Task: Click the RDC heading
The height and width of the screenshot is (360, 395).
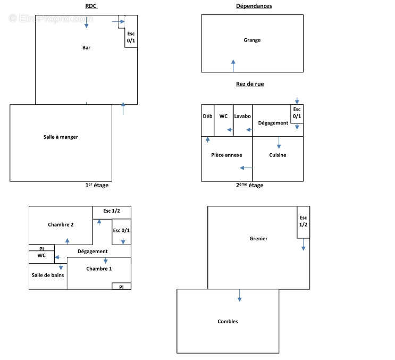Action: [x=91, y=6]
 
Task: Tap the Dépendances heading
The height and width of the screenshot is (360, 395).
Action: [x=254, y=6]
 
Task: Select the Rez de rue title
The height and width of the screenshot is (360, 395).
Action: [x=250, y=84]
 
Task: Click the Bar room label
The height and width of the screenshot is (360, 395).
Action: [x=87, y=48]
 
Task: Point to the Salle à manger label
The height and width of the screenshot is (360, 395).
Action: [x=61, y=137]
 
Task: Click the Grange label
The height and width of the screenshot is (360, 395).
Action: [x=252, y=40]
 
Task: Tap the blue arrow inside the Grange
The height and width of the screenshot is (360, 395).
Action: [x=233, y=66]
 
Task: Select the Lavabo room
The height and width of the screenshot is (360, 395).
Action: [x=242, y=120]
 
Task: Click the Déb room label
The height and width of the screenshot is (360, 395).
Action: [x=207, y=116]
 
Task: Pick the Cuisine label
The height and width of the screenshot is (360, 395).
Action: [x=278, y=155]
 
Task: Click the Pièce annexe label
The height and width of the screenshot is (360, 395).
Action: [x=226, y=155]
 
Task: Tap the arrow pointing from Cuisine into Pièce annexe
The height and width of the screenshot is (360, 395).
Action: [x=246, y=168]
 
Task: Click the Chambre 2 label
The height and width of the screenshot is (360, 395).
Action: [x=61, y=224]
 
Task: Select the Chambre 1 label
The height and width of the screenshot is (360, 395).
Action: [x=99, y=269]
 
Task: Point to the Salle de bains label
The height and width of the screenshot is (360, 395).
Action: [x=48, y=275]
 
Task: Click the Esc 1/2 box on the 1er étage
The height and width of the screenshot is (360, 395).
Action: [x=112, y=213]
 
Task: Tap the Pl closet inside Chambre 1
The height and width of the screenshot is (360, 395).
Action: [x=121, y=286]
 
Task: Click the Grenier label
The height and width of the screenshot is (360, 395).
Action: [x=258, y=239]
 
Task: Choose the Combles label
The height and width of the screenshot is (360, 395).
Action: [x=228, y=322]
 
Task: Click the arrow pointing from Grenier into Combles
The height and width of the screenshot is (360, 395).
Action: [x=240, y=296]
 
